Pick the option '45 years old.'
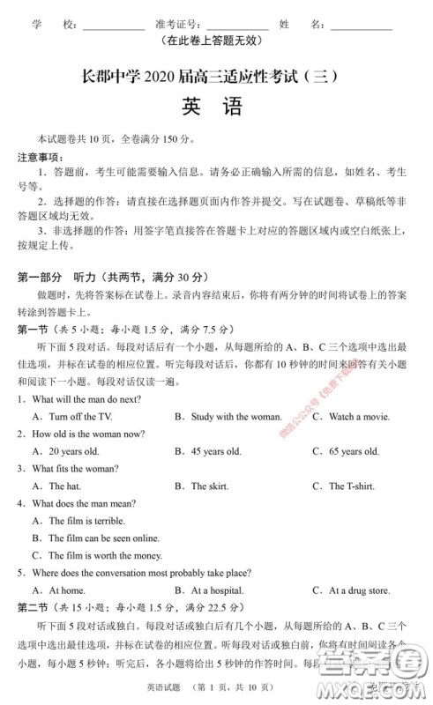(x=216, y=451)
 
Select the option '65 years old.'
(x=354, y=451)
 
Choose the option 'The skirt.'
(x=210, y=486)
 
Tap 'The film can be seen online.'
(x=104, y=538)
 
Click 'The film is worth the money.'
(x=105, y=555)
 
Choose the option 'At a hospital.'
(x=218, y=590)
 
